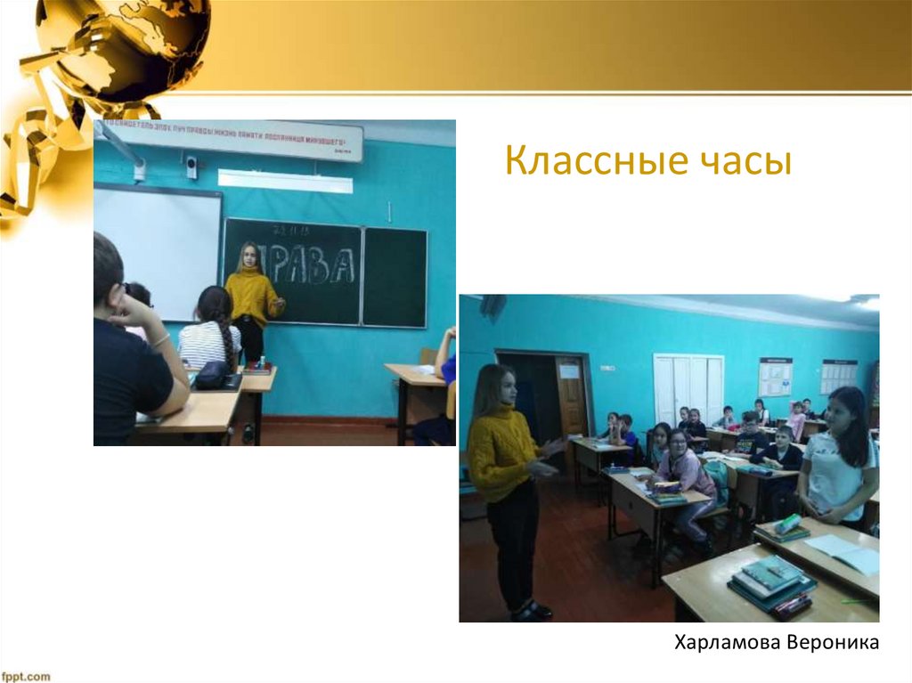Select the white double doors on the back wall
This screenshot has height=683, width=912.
click(688, 388)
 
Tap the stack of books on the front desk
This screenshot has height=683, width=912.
click(771, 583)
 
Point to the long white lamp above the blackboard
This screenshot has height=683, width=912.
click(284, 181)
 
